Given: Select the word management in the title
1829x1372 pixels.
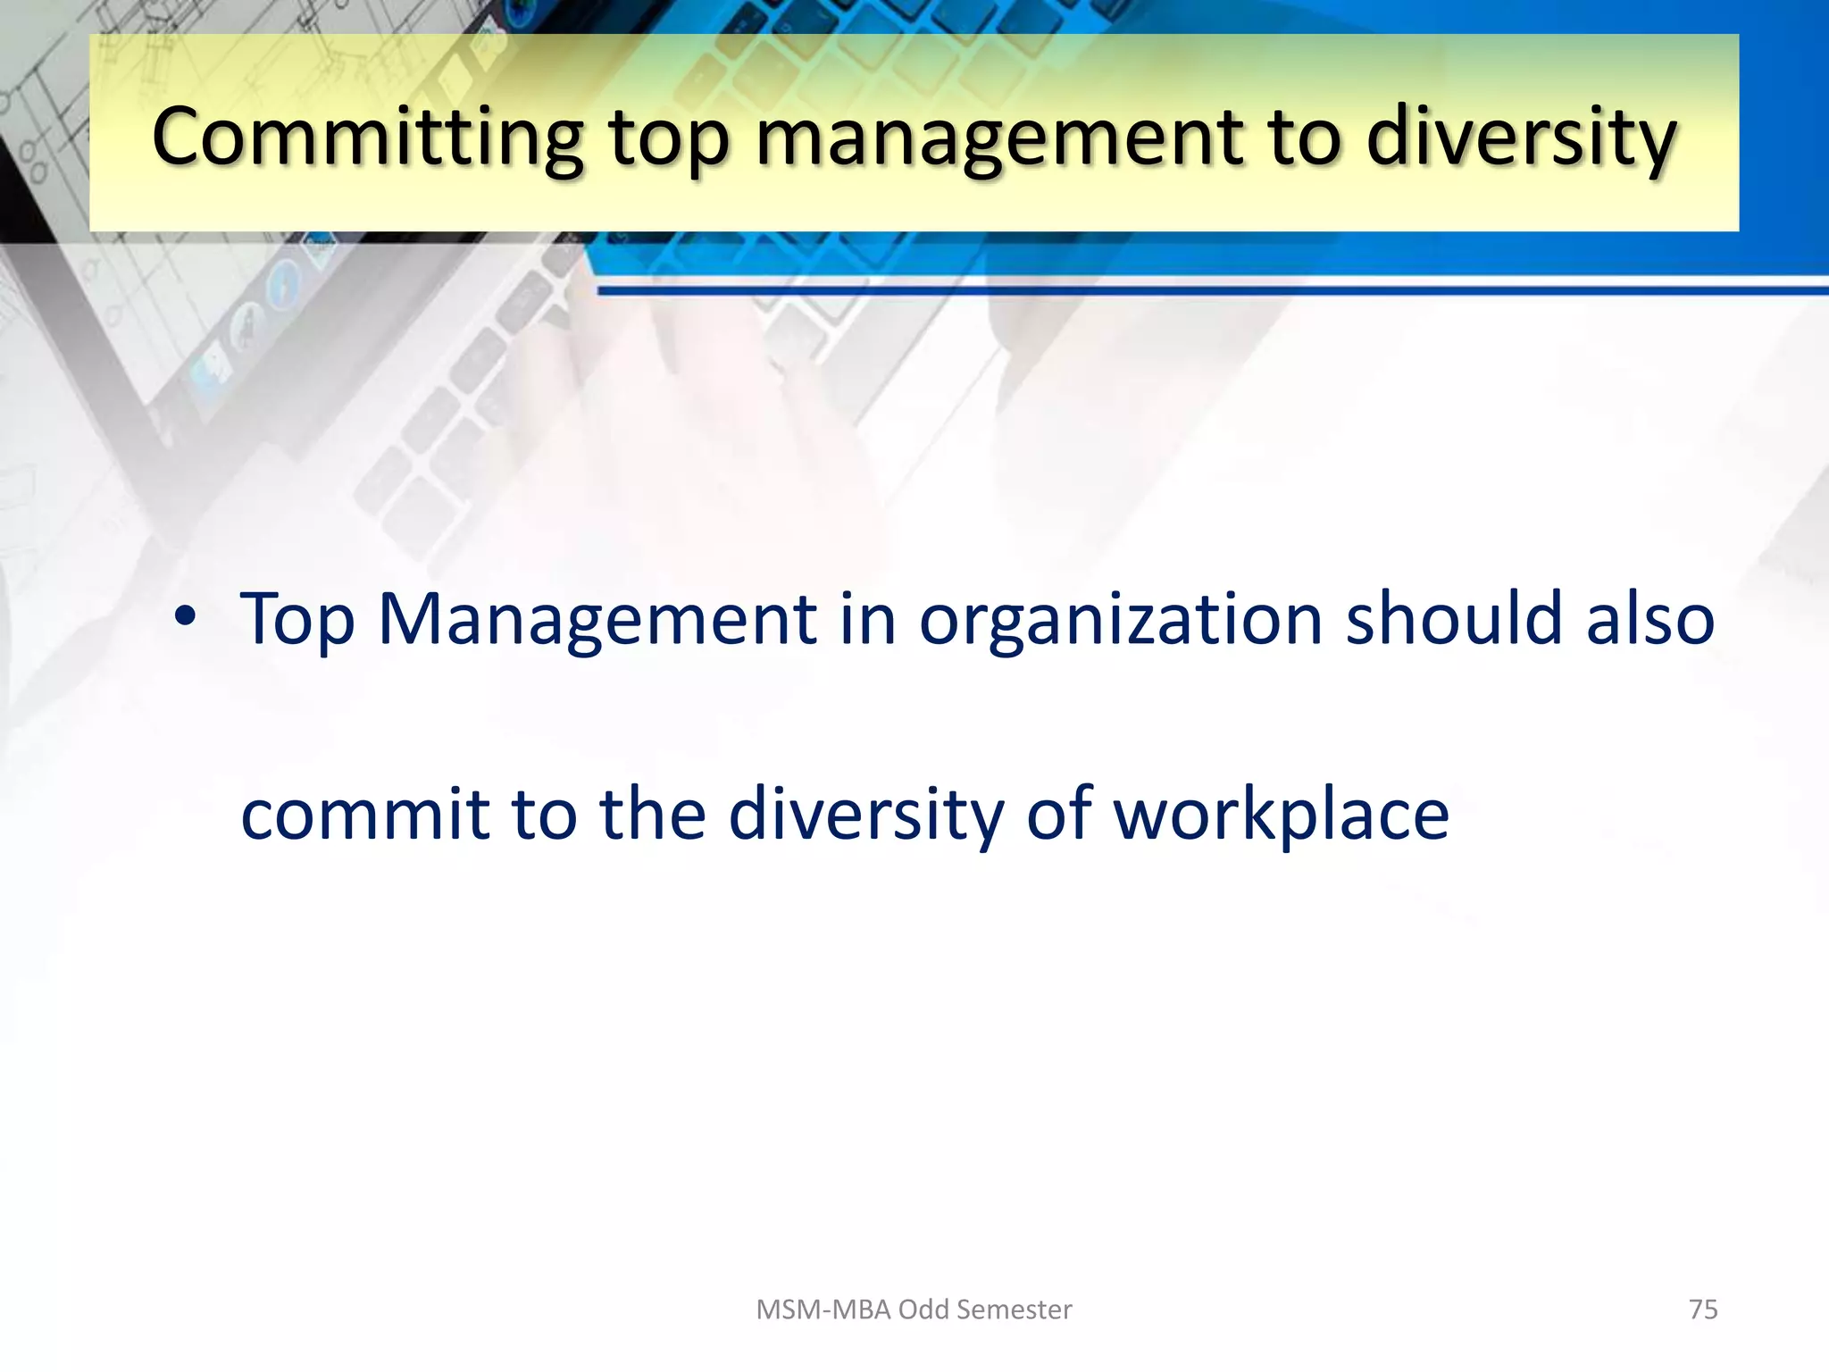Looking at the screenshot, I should coord(999,139).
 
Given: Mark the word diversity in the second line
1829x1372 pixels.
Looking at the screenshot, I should coord(865,816).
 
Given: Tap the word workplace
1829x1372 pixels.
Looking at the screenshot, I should coord(1281,816).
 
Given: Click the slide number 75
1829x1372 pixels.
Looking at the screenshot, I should coord(1703,1309).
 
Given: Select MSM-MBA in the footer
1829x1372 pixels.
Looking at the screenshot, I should coord(823,1309).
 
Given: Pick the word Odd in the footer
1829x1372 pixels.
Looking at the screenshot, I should coord(923,1309).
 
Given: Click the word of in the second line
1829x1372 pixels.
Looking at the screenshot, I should coord(1059,814).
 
